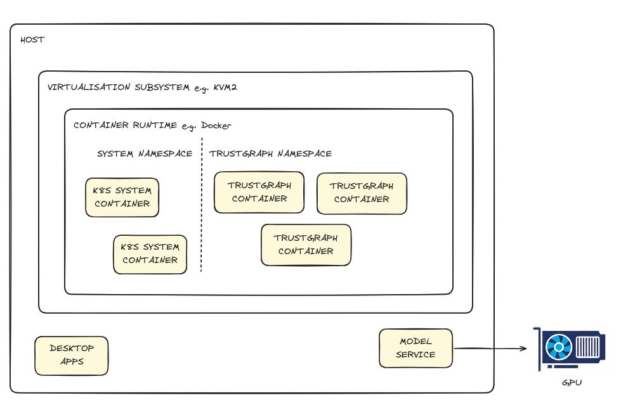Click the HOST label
(x=32, y=40)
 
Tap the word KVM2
(x=225, y=87)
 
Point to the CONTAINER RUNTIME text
(x=126, y=126)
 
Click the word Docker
(x=216, y=126)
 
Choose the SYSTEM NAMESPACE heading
(x=145, y=153)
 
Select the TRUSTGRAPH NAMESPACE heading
(x=270, y=153)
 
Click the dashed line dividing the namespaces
(x=202, y=209)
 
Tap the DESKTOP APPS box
(x=72, y=355)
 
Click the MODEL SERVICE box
(x=415, y=348)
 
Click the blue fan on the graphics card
(x=559, y=347)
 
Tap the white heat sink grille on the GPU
(x=587, y=347)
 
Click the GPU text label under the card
(x=572, y=383)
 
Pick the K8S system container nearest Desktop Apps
(x=150, y=254)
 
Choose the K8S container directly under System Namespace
(x=122, y=197)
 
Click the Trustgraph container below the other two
(x=306, y=245)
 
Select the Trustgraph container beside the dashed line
(x=259, y=192)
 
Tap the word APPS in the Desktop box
(x=72, y=361)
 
